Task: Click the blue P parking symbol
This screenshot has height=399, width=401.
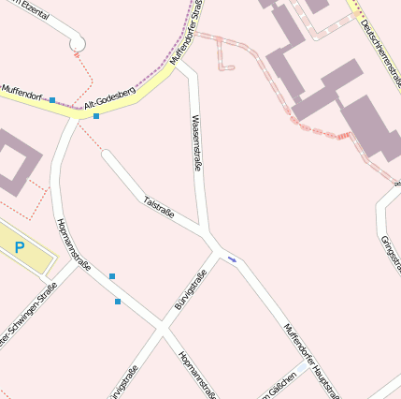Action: tap(19, 247)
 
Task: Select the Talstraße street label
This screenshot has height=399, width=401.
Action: tap(159, 207)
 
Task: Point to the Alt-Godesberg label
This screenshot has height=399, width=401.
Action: tap(110, 101)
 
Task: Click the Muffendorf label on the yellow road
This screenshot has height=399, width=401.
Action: tap(21, 91)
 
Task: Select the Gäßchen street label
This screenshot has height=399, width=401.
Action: tap(280, 384)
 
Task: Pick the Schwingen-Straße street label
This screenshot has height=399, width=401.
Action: tap(28, 318)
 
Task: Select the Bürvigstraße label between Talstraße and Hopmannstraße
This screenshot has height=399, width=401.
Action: tap(191, 289)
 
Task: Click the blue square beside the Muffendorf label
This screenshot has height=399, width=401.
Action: tap(52, 99)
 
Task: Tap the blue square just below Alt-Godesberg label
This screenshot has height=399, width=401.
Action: tap(96, 116)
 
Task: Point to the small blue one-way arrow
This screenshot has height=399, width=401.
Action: tap(232, 259)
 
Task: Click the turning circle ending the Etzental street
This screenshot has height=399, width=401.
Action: tap(78, 43)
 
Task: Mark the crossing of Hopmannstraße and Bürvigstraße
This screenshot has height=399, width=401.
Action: tap(162, 329)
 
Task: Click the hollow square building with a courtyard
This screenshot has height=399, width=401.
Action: tap(13, 161)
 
